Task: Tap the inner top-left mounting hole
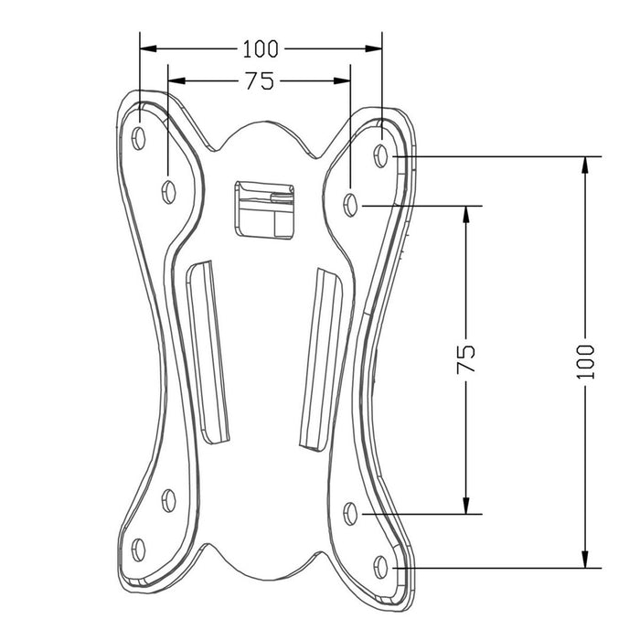click(168, 190)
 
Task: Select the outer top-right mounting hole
click(382, 155)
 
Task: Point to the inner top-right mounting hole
click(352, 203)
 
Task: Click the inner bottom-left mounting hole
click(168, 498)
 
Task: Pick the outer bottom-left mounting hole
click(139, 549)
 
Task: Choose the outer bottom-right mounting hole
click(382, 566)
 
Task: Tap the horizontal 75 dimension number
click(260, 81)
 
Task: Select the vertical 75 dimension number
click(467, 358)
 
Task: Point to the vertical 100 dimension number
click(586, 362)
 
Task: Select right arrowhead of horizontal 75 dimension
click(344, 81)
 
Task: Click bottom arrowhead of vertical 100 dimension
click(586, 560)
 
